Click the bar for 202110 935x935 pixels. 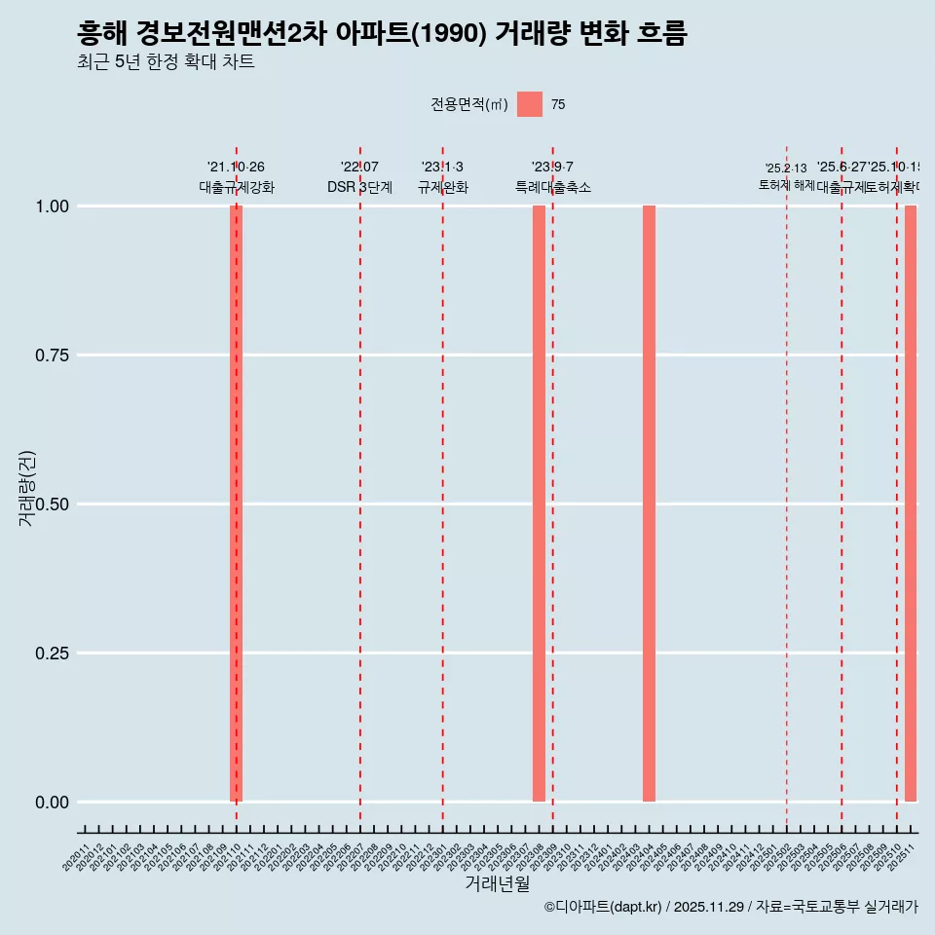click(x=236, y=504)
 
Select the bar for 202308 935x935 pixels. click(x=539, y=504)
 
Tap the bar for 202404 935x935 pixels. click(x=649, y=504)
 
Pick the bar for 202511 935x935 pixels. click(x=911, y=504)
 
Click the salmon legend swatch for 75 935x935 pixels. click(x=529, y=104)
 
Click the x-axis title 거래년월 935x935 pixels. click(x=498, y=884)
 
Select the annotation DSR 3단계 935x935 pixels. click(x=359, y=187)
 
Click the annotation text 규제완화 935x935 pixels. click(x=443, y=187)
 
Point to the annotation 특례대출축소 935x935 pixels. click(x=553, y=187)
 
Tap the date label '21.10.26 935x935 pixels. click(x=236, y=167)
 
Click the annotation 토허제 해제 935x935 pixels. click(x=786, y=185)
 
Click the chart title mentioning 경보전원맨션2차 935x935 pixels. click(x=382, y=34)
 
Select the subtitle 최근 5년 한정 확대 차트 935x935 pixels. click(x=166, y=62)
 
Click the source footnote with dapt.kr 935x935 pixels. click(x=730, y=907)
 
